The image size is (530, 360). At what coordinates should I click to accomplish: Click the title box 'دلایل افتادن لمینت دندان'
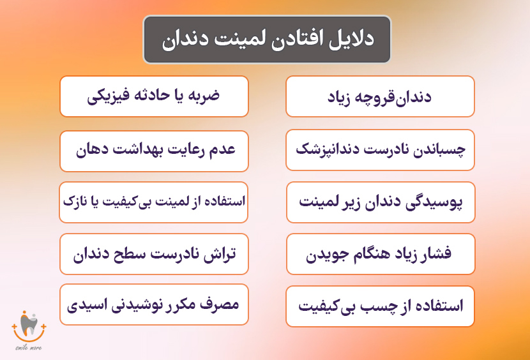coord(266,40)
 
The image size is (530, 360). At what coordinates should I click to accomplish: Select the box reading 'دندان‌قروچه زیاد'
coord(380,96)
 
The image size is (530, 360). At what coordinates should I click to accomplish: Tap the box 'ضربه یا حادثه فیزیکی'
coord(154,96)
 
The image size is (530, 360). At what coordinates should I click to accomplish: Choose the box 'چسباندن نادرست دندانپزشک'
coord(380,150)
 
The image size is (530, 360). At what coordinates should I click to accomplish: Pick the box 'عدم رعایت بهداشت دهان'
coord(154,150)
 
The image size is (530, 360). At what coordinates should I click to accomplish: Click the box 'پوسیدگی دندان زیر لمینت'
coord(380,202)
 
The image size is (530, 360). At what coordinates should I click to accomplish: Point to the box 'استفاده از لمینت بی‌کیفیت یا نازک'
coord(154,202)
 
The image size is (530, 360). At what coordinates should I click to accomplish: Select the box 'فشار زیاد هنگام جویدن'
coord(380,255)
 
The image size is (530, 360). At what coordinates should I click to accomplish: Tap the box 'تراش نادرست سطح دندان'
coord(154,254)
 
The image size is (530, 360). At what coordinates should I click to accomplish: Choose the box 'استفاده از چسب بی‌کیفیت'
coord(380,306)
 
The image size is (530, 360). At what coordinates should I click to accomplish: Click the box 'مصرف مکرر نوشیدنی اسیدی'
coord(154,304)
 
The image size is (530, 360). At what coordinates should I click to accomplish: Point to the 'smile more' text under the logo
coord(29,349)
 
